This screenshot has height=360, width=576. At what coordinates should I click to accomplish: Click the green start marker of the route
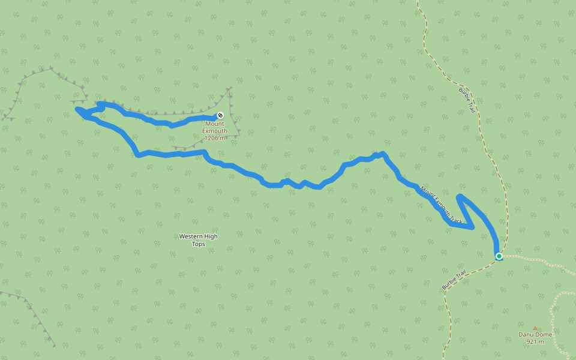pos(499,256)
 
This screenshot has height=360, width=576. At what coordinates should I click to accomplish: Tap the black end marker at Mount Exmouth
pos(220,115)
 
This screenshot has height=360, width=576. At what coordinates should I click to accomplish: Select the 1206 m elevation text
pos(215,138)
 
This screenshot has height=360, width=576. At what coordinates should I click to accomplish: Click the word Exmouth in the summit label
pos(215,131)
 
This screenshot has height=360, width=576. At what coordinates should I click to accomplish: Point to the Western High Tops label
pos(198,240)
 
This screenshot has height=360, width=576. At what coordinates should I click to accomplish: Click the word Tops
pos(198,244)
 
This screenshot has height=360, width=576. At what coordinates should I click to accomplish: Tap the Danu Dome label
pos(535,334)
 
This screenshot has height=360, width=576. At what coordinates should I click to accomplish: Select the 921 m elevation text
pos(535,342)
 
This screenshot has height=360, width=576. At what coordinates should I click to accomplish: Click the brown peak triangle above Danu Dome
pos(535,328)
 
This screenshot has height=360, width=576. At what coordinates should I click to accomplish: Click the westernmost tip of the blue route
pos(77,109)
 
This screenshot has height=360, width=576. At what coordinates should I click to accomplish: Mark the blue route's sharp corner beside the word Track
pos(473,227)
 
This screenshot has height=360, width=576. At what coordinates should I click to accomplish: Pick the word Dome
pos(544,334)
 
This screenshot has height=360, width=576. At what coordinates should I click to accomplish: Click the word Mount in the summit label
pos(215,124)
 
